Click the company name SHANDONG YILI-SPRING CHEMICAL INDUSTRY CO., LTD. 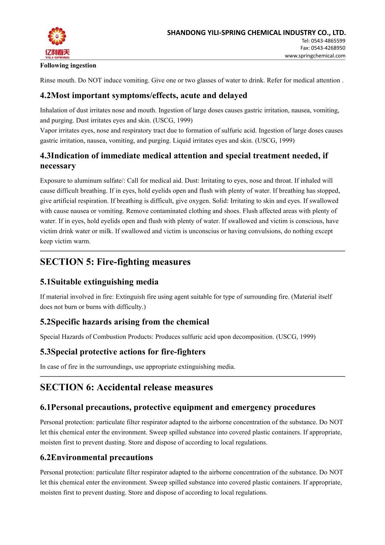[x=256, y=32]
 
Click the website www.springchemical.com [x=315, y=55]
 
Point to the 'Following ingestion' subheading [x=68, y=65]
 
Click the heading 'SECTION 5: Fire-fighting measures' [x=115, y=262]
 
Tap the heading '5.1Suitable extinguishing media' [x=99, y=282]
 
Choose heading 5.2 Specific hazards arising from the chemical [x=125, y=322]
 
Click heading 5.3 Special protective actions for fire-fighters [x=123, y=352]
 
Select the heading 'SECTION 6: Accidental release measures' [x=126, y=387]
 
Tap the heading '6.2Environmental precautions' [x=96, y=457]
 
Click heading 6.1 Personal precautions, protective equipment [x=178, y=407]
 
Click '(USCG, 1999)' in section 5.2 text [x=296, y=337]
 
